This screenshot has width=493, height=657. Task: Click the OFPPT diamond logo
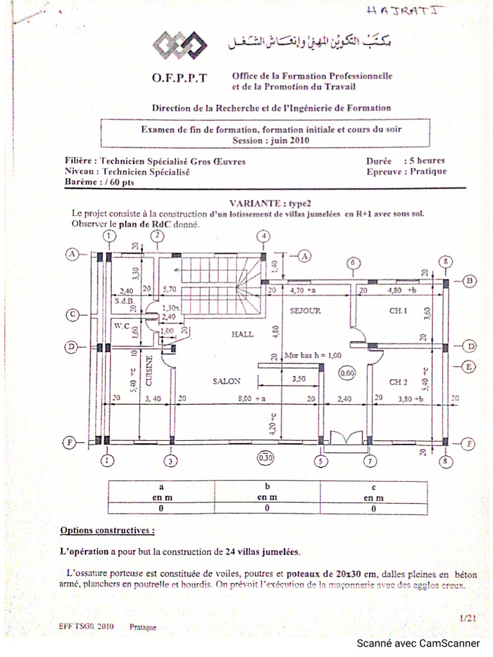coord(180,44)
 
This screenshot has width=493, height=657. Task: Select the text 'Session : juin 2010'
coord(272,139)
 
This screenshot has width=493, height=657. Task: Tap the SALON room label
coord(226,380)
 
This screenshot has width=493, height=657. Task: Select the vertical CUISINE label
coord(150,370)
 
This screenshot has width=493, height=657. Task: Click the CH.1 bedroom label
coord(398,311)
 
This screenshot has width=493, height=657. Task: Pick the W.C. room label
coord(123,326)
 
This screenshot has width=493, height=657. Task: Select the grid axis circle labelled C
coord(74,314)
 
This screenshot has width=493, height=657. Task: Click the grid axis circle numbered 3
coord(171,461)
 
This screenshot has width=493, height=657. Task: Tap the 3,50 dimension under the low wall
coord(298,379)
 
